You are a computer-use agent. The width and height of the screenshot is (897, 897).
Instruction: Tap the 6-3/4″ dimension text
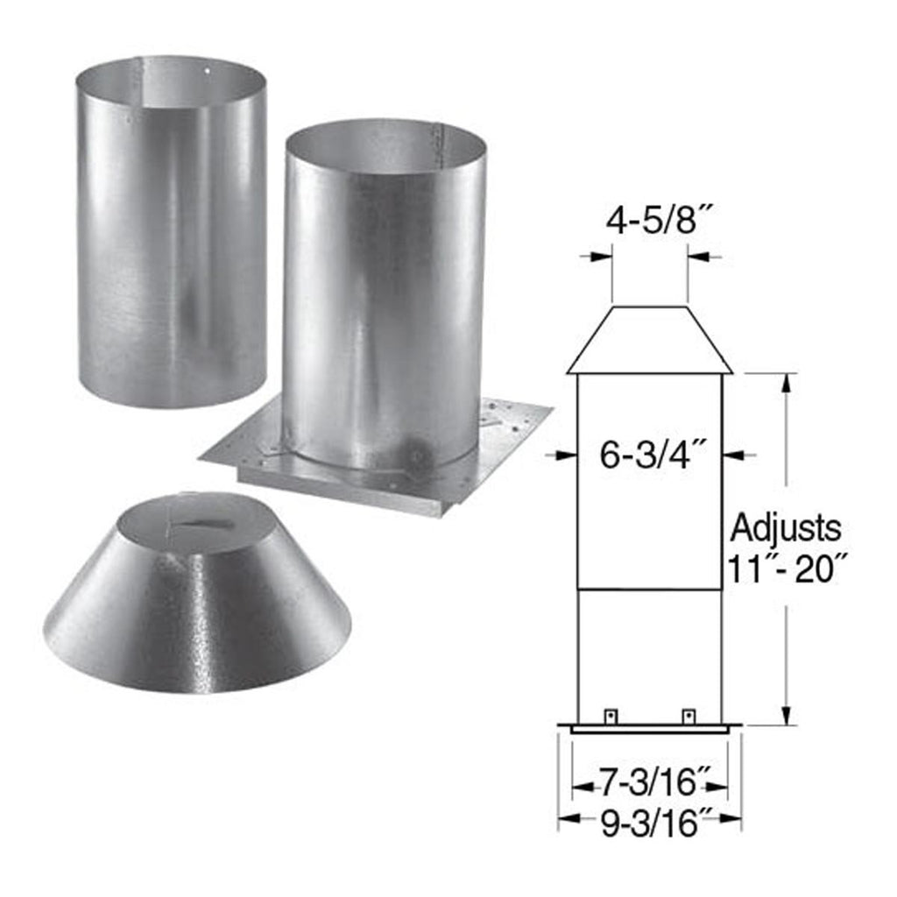[651, 456]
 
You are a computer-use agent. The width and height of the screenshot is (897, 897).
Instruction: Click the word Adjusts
[786, 528]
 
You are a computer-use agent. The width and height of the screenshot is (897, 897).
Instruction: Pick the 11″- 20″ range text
[786, 569]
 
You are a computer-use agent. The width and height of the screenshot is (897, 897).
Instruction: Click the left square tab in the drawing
[611, 716]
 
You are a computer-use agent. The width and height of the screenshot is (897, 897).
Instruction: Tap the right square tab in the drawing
[689, 716]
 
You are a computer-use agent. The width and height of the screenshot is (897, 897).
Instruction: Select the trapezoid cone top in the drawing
[650, 340]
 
